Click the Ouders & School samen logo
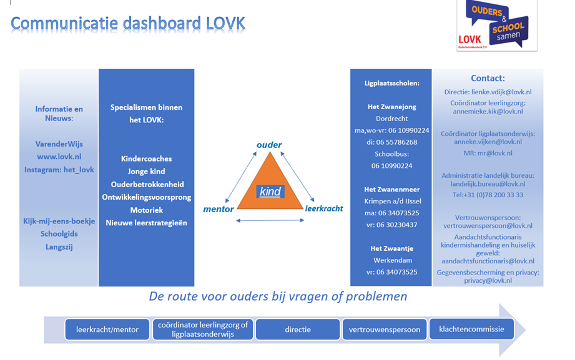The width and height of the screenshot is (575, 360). pos(497,25)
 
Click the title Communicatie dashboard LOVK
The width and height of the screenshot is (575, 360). pos(127,23)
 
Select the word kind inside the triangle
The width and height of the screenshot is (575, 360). pos(270,192)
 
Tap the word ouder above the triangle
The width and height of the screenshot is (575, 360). pos(269,145)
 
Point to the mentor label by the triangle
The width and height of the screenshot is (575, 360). pos(219,209)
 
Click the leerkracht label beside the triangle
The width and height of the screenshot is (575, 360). pos(324,208)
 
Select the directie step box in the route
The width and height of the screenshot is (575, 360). pos(297,329)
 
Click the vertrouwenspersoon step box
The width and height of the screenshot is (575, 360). pos(385,329)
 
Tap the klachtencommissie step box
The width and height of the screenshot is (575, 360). pos(471,328)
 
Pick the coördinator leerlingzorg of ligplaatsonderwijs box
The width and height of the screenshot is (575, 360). pos(203,329)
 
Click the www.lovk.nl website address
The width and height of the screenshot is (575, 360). pos(59,157)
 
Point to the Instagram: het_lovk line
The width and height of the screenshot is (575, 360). pos(59,170)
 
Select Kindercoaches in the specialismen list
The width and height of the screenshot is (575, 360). pos(146,158)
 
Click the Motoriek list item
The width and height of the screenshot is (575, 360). pos(146,210)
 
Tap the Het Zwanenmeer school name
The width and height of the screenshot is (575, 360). pos(391,188)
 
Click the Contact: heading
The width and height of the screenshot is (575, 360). pos(488,78)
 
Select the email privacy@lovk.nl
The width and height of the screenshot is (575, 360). pos(488,281)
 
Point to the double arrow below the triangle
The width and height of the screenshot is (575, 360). pos(270,220)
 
